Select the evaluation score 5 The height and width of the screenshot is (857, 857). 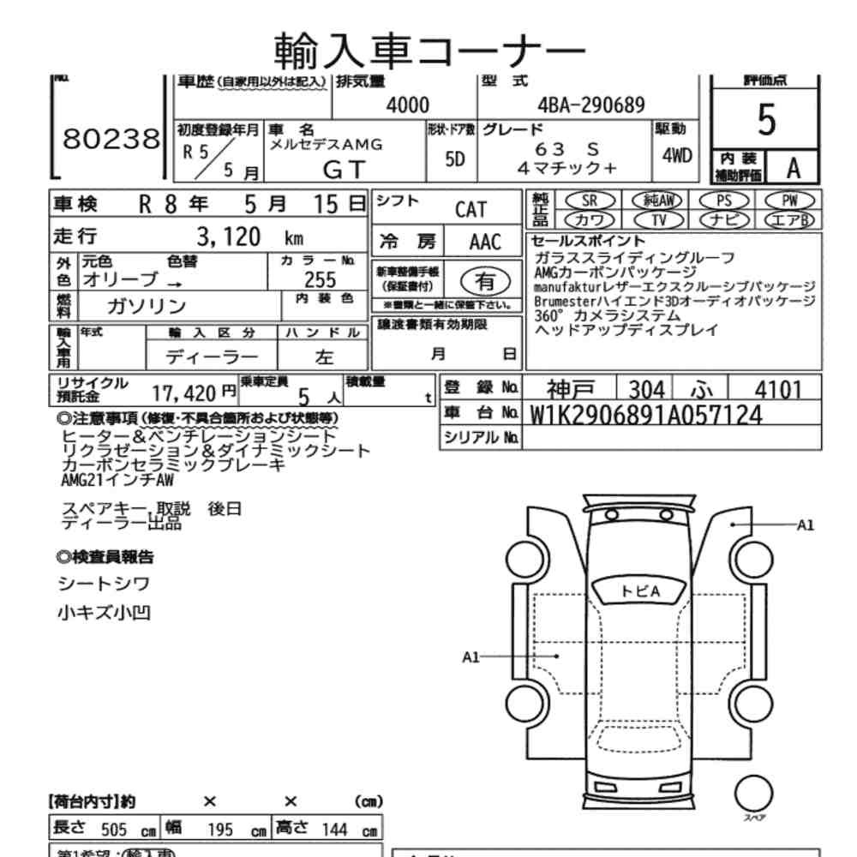pyautogui.click(x=766, y=122)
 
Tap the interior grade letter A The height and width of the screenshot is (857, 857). pyautogui.click(x=793, y=168)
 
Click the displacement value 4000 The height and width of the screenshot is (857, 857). pyautogui.click(x=408, y=105)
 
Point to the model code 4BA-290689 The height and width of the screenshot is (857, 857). pyautogui.click(x=590, y=105)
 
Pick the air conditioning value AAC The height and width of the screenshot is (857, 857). pyautogui.click(x=485, y=242)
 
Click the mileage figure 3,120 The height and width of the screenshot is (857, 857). pyautogui.click(x=229, y=237)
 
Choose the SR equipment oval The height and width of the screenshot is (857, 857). pyautogui.click(x=589, y=201)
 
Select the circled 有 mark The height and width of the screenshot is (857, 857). pyautogui.click(x=485, y=279)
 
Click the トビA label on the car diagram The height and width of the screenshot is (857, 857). pyautogui.click(x=640, y=591)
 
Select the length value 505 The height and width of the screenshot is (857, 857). pyautogui.click(x=114, y=830)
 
